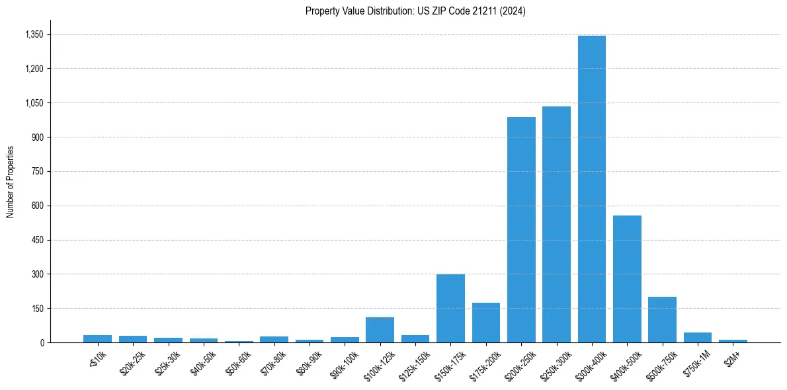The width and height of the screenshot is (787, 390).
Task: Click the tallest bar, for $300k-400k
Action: coord(591,189)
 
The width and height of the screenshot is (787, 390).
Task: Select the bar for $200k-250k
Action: coord(521,229)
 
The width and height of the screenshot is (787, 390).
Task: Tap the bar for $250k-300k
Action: coord(556,224)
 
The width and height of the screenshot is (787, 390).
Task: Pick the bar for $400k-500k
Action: coord(627,279)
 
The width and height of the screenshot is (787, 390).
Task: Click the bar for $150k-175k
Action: coord(450,308)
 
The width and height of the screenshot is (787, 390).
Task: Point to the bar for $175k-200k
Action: coord(486,323)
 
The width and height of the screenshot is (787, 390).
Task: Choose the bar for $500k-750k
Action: coord(662,319)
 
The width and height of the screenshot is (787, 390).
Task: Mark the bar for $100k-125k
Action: coord(380,330)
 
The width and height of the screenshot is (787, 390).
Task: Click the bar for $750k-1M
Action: coord(697,337)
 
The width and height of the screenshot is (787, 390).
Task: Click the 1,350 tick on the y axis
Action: coord(33,34)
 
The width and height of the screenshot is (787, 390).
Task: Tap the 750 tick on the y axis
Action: coord(37,171)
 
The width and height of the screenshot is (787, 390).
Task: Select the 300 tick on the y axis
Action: coord(37,274)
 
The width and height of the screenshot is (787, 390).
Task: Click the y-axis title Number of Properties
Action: coord(11,181)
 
